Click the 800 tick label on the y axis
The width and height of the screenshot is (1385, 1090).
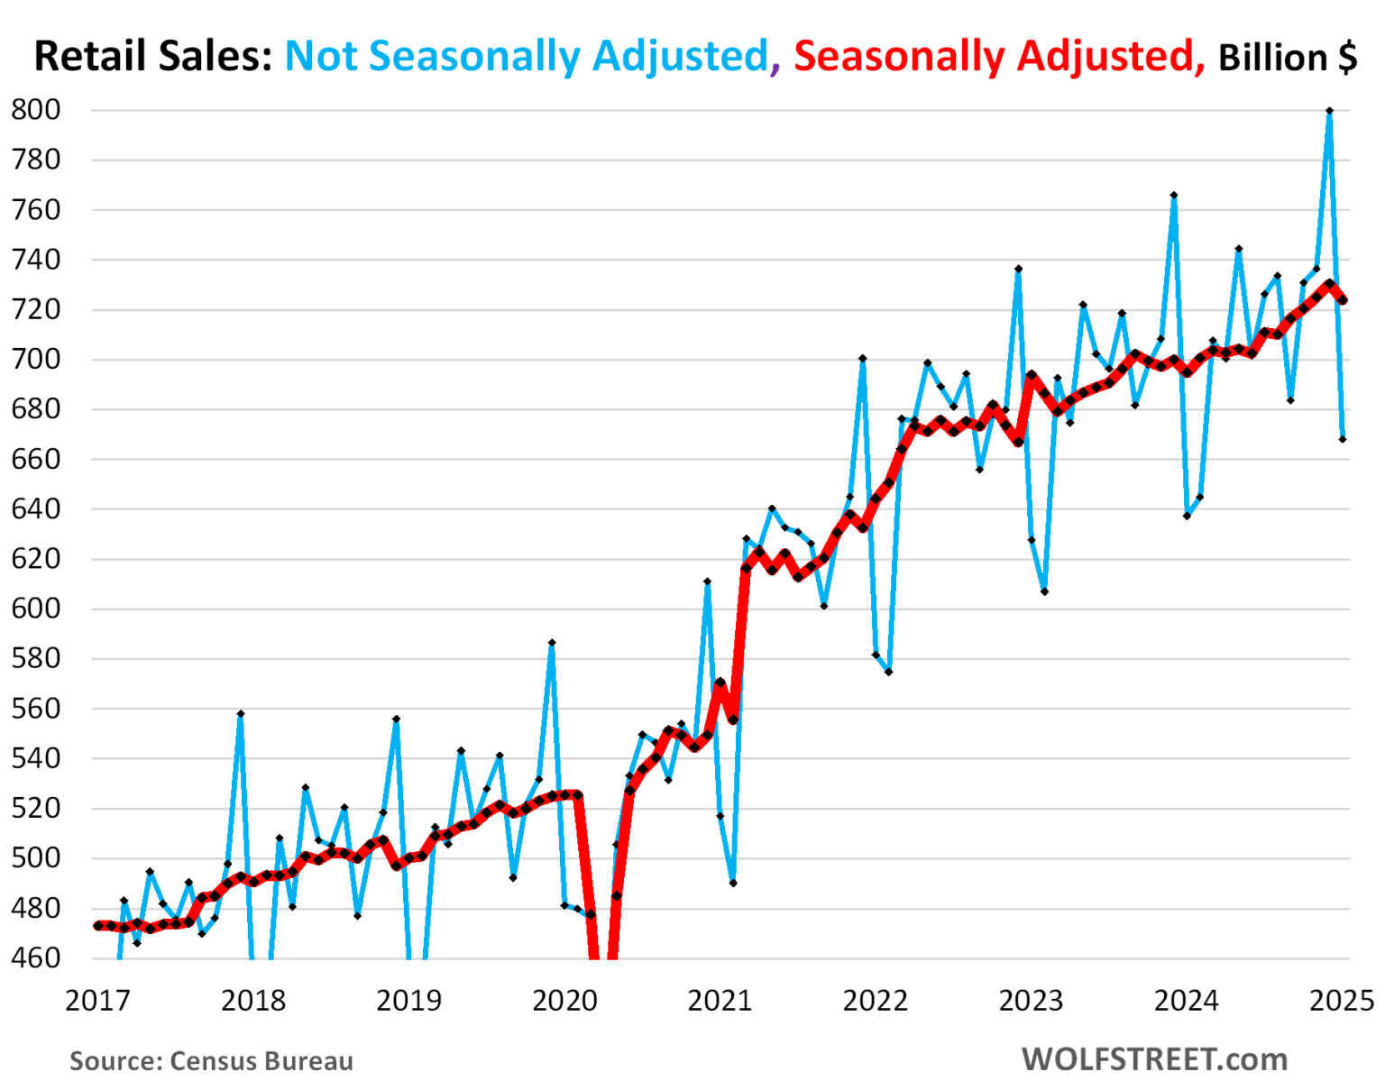pos(36,110)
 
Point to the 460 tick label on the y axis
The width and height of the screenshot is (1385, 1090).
pos(36,957)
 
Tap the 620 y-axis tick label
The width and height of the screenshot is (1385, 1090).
pos(36,559)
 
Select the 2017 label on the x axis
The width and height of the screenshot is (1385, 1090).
pos(97,1001)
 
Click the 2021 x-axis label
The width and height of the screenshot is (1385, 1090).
pos(720,1001)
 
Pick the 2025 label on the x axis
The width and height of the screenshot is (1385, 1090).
pos(1342,1001)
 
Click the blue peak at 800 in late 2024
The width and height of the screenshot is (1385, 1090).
pos(1329,111)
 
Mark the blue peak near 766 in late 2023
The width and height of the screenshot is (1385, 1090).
pos(1173,195)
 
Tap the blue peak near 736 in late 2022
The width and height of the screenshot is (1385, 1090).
pos(1018,269)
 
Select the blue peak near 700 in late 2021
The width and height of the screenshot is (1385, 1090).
pos(862,359)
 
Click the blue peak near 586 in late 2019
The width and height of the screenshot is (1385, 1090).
pos(551,643)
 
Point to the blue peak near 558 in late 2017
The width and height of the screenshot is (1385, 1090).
pos(240,713)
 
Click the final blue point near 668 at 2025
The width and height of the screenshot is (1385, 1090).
pos(1343,439)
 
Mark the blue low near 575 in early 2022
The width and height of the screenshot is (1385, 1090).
pos(888,672)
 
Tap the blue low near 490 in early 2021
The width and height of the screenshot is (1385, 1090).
pos(733,883)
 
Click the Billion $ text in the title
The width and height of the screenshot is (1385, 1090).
pos(1287,58)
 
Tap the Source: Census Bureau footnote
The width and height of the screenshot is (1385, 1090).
pos(211,1061)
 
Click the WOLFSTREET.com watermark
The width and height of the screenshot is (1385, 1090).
pos(1154,1059)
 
